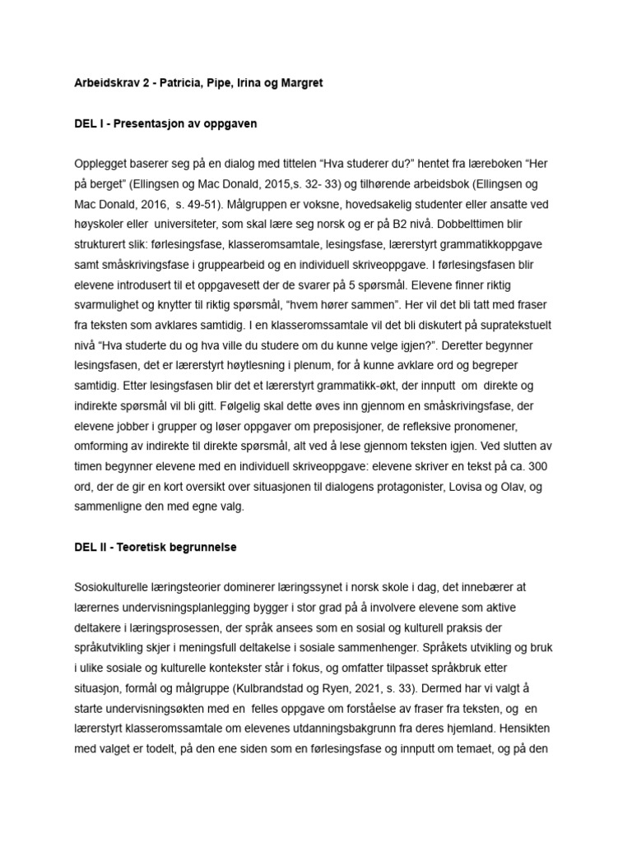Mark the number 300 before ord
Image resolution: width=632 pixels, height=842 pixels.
(564, 465)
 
